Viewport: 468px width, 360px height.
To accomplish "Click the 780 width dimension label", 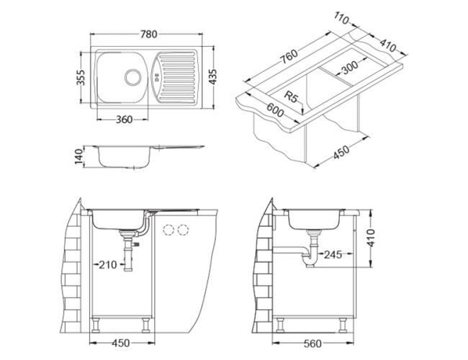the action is click(148, 35).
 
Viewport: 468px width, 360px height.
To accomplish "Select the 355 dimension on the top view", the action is click(81, 77).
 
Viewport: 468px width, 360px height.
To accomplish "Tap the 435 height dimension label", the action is click(213, 77).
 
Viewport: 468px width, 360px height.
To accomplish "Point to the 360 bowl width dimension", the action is click(124, 120).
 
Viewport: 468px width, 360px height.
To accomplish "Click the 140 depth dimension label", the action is click(78, 157).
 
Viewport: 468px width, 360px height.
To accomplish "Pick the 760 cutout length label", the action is click(289, 56).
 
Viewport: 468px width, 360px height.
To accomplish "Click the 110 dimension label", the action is click(341, 18).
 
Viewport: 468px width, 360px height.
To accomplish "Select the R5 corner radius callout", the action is click(291, 96).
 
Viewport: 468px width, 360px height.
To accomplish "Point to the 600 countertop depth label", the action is click(275, 110).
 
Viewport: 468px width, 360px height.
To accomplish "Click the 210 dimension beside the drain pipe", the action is click(108, 264).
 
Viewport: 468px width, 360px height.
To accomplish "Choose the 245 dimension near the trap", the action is click(333, 255).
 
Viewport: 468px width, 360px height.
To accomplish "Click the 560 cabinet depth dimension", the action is click(312, 343).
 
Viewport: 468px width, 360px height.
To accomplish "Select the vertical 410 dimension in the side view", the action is click(371, 238).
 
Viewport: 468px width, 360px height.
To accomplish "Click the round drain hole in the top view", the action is click(132, 77).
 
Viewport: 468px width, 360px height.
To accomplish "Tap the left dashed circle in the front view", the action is click(168, 230).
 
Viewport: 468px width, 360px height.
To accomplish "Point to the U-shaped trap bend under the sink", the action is click(310, 261).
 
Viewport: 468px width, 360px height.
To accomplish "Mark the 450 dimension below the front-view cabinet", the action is click(121, 343).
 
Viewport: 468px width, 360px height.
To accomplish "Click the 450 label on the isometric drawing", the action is click(341, 152).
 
